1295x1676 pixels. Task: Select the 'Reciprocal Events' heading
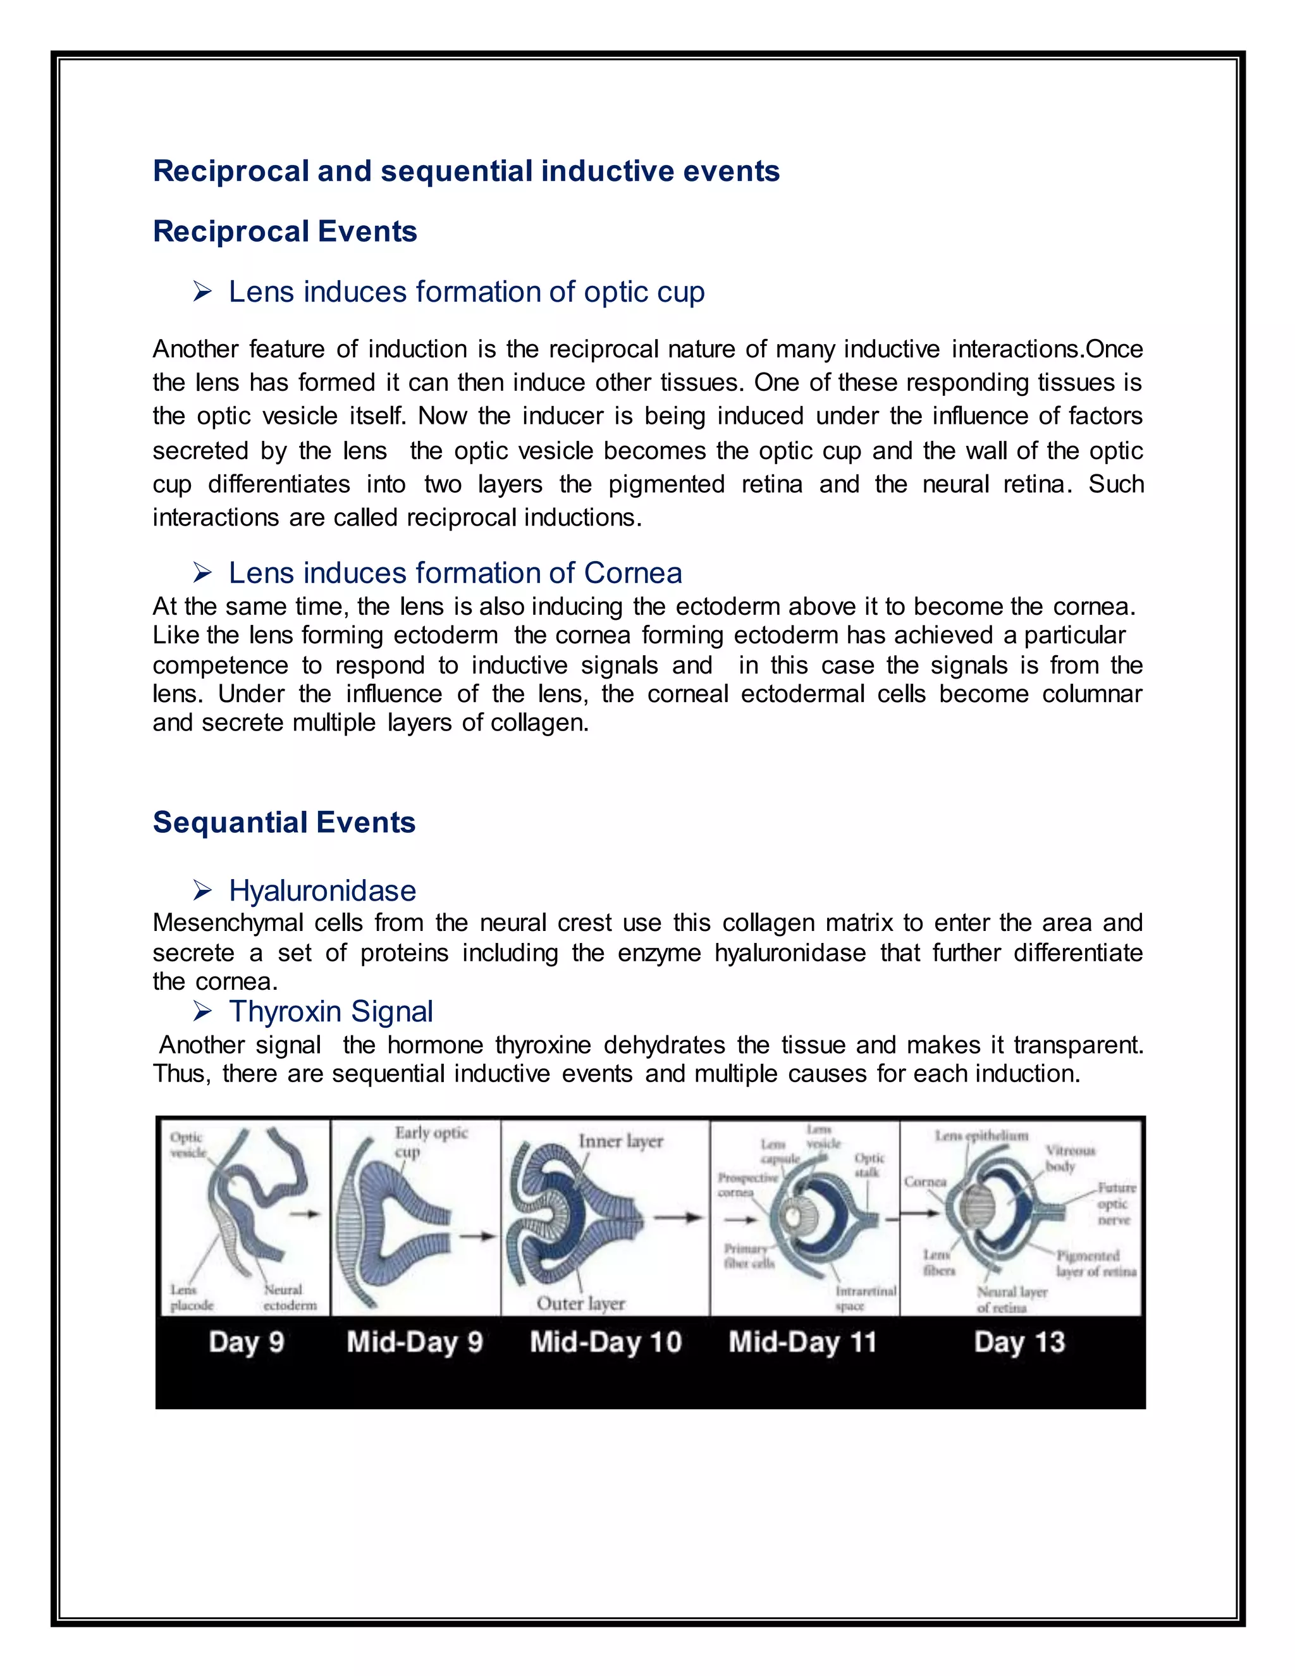coord(285,231)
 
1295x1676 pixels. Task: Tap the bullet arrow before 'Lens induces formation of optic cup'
coord(202,292)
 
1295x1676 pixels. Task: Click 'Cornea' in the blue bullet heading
coord(633,572)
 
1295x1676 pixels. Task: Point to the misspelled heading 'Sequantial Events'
coord(284,822)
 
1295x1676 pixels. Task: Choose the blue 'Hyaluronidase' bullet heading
coord(322,890)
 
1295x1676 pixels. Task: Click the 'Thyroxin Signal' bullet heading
coord(331,1011)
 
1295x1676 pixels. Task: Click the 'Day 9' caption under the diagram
coord(246,1341)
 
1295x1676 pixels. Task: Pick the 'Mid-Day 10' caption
coord(605,1341)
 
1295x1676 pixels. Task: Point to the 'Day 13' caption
coord(1019,1341)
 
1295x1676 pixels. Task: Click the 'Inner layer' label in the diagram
coord(621,1141)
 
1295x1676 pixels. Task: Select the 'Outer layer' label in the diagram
coord(580,1303)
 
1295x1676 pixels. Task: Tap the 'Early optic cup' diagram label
coord(431,1141)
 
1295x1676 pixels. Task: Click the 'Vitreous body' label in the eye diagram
coord(1071,1158)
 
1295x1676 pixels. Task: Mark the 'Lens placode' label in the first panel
coord(191,1298)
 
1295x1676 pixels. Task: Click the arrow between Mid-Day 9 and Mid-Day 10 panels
coord(477,1236)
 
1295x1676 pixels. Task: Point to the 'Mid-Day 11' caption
coord(802,1341)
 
